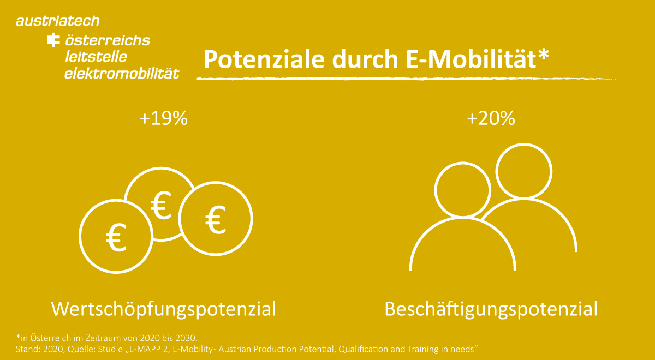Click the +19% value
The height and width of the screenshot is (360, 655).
163,118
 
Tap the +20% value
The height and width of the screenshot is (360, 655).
491,118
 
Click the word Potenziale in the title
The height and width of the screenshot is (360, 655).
264,59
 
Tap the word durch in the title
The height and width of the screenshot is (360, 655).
365,59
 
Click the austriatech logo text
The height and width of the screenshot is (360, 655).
58,21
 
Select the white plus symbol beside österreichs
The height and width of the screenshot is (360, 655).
53,40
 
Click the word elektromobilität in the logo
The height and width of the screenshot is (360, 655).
122,73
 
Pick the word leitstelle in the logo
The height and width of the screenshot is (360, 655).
96,57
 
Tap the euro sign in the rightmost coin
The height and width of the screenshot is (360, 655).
216,219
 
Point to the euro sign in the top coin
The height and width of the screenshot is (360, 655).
160,205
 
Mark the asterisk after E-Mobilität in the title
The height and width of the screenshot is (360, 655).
544,55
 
